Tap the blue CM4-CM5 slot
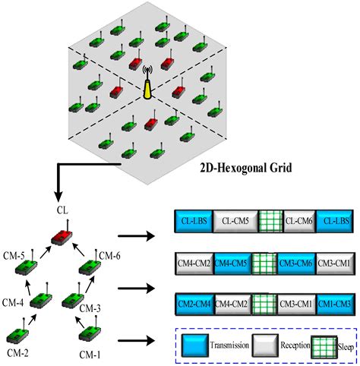[233, 263]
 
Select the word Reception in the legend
[284, 345]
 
